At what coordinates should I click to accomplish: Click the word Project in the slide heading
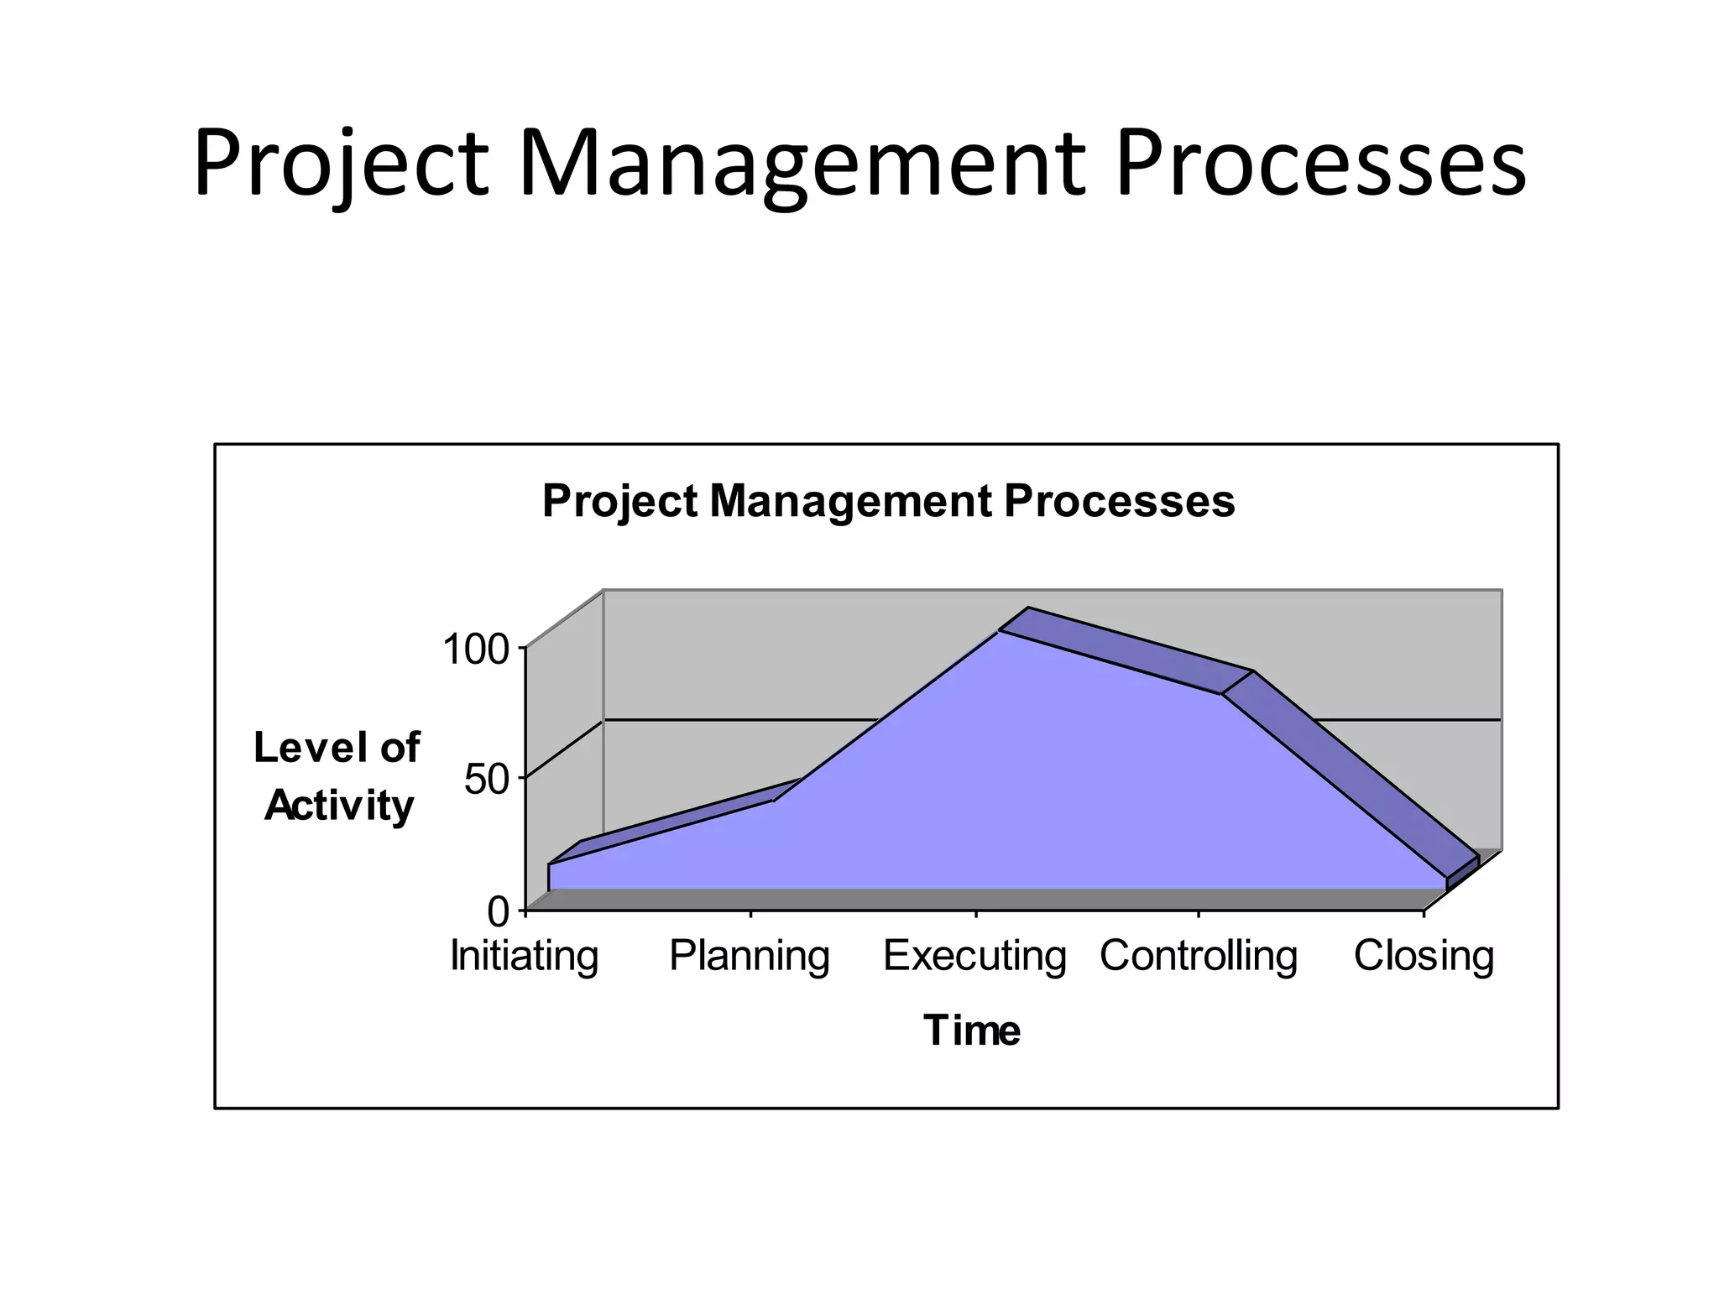coord(340,164)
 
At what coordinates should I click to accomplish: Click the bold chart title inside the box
coord(888,501)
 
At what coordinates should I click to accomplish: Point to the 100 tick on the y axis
coord(476,650)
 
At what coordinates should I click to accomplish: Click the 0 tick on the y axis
coord(499,911)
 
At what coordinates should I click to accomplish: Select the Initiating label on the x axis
coord(525,956)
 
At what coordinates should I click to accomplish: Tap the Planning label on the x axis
coord(750,956)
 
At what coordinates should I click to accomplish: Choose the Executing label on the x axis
coord(974,956)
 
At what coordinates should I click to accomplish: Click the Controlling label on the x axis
coord(1199,956)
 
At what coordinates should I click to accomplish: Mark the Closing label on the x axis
coord(1424,956)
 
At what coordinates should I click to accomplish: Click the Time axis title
coord(972,1030)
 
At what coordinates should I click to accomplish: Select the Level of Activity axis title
coord(337,776)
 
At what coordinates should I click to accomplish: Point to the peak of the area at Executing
coord(999,632)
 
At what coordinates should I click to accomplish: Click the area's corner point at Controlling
coord(1222,694)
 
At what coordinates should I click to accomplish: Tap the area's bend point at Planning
coord(773,801)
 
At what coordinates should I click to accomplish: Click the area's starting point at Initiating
coord(549,864)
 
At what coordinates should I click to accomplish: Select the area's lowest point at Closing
coord(1447,879)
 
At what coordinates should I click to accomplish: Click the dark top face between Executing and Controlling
coord(1125,651)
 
